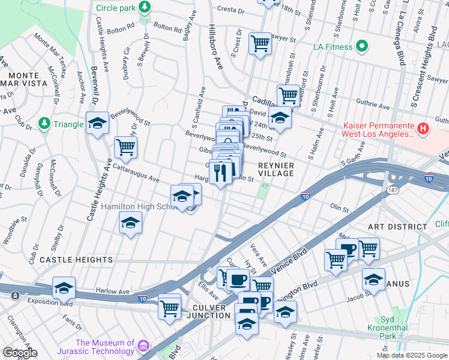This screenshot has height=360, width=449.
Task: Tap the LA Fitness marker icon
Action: pos(361,46)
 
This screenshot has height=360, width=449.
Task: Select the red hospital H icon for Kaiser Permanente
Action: pos(423,128)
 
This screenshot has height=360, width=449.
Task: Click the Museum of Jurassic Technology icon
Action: pos(143,347)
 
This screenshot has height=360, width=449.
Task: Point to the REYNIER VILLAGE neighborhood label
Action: pos(276,169)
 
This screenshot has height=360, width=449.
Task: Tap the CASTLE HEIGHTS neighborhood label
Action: pos(76,260)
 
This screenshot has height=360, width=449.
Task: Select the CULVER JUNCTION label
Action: pos(202,312)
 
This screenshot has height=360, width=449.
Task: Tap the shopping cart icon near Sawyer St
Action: pos(260,43)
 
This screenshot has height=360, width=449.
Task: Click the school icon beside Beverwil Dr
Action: pos(97,123)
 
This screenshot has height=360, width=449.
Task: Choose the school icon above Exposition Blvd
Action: pos(64,287)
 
